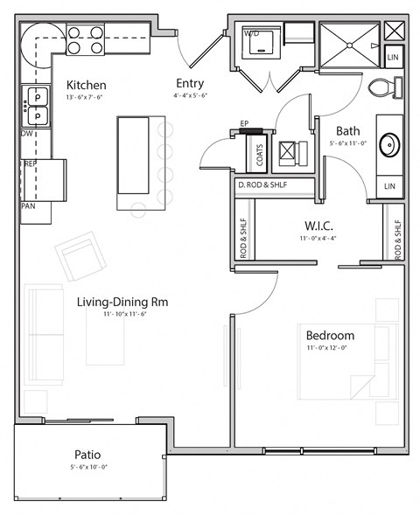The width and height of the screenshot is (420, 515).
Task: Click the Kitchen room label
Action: click(87, 85)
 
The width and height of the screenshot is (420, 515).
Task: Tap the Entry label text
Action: click(189, 84)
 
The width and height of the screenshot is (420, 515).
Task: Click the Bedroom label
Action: click(330, 336)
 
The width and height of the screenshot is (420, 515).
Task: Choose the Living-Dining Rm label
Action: click(122, 303)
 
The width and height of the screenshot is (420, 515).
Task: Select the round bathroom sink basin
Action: click(388, 143)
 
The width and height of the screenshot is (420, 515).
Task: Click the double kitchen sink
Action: click(37, 105)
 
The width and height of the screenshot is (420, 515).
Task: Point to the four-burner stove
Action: click(86, 39)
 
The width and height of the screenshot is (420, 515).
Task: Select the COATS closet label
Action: click(260, 156)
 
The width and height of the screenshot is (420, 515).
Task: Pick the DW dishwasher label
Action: click(28, 134)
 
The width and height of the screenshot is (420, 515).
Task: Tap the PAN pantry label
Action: click(28, 207)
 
